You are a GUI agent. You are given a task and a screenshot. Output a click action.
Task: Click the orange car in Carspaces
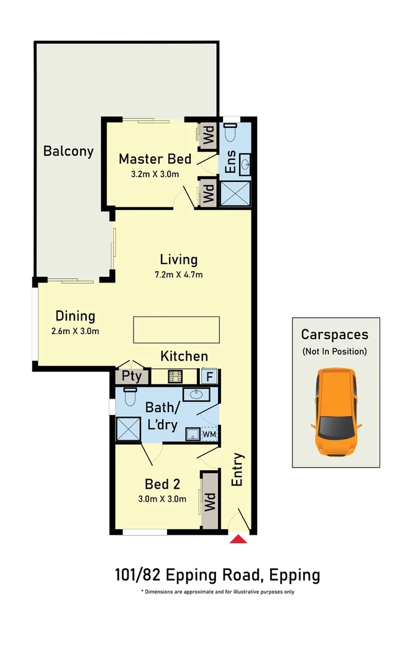point(336,412)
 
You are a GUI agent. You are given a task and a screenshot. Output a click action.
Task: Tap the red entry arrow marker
point(238,539)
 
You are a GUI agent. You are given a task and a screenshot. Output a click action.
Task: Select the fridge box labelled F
point(209,377)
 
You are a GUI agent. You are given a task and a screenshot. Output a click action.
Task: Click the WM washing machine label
point(209,434)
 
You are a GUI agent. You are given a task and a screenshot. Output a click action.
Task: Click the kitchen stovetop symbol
point(175,376)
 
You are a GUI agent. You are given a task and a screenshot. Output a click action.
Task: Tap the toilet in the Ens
point(230,132)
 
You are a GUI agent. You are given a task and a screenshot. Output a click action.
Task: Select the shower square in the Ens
point(235,194)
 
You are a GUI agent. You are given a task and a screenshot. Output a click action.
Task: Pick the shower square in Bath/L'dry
point(129,429)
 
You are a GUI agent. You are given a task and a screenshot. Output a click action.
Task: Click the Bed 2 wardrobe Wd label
point(210,501)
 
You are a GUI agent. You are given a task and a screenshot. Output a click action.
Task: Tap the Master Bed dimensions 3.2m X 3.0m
point(155,174)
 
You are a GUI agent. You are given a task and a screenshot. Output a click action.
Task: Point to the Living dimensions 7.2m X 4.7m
point(179,274)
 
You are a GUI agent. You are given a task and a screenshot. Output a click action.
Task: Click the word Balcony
point(68,151)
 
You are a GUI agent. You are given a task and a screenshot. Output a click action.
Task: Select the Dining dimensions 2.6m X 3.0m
point(75,331)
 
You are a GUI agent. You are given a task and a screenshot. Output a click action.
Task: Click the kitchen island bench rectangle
point(176,330)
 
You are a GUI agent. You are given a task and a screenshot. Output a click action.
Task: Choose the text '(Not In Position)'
point(335,351)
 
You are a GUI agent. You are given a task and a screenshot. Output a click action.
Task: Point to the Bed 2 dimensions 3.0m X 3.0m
point(162,499)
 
